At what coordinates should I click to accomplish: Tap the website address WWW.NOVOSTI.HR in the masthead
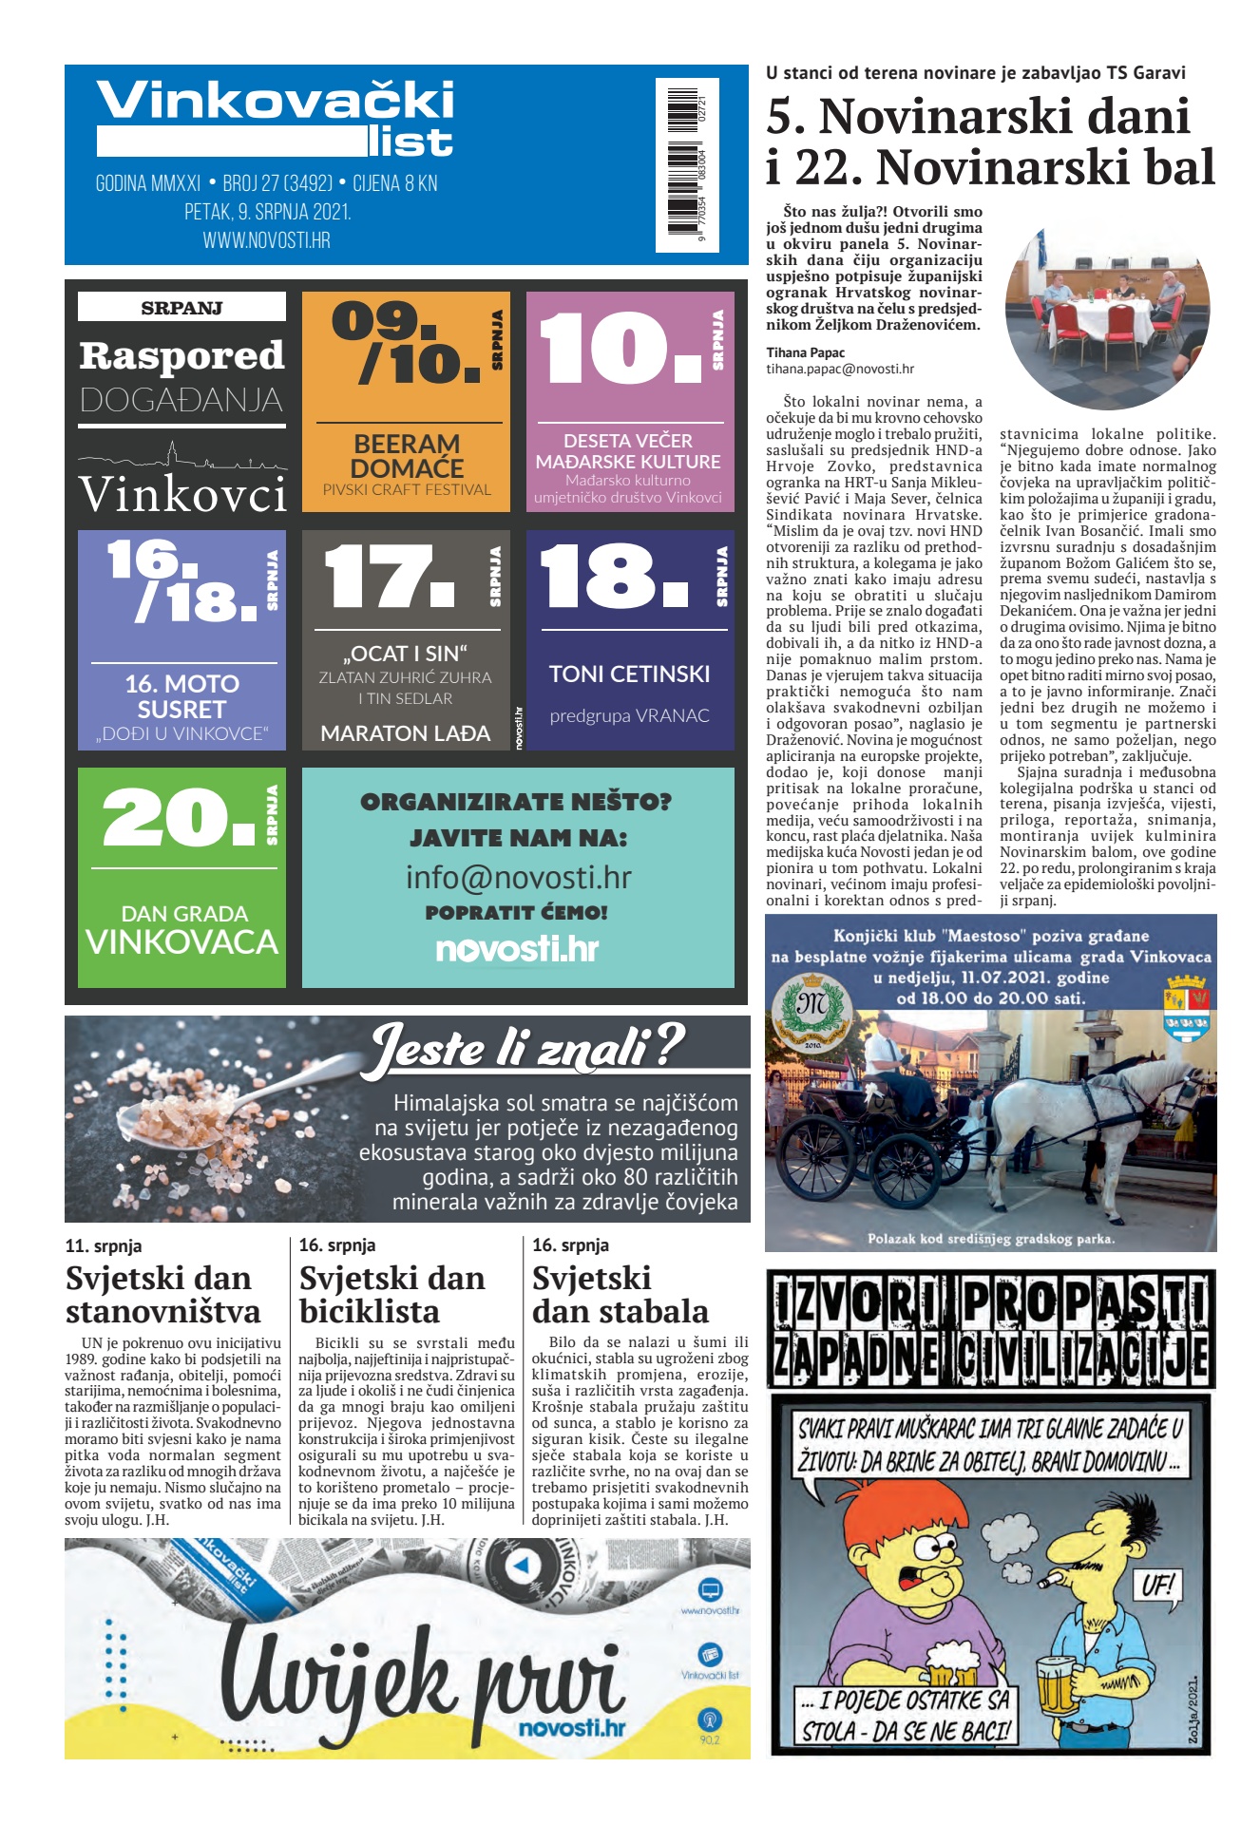coord(266,241)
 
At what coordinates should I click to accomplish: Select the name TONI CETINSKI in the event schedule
coord(629,674)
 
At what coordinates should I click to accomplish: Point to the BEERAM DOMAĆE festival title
coord(407,456)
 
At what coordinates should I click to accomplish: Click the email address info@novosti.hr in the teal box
coord(518,877)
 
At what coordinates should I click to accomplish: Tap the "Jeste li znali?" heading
coord(527,1049)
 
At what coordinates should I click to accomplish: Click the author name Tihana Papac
coord(805,352)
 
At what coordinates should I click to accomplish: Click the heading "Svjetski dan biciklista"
coord(391,1295)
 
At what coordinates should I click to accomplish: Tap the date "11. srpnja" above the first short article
coord(104,1246)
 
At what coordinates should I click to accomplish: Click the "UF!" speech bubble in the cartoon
coord(1157,1586)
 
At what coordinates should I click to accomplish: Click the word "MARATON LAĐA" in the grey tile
coord(406,733)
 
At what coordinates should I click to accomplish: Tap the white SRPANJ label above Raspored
coord(181,308)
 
